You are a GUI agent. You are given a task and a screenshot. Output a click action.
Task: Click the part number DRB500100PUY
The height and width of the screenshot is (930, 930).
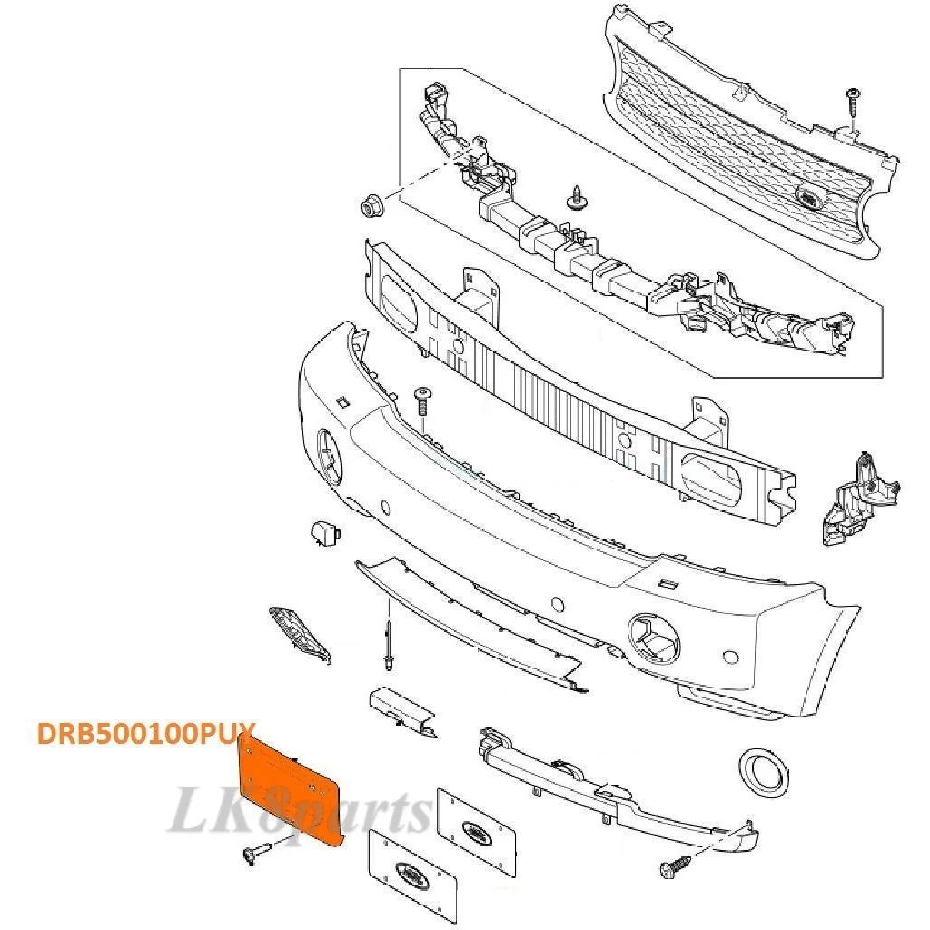(146, 734)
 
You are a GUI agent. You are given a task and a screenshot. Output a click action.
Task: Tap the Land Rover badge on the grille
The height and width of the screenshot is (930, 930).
(808, 196)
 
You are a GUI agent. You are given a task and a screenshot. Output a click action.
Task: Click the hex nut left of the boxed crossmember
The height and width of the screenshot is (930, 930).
(371, 205)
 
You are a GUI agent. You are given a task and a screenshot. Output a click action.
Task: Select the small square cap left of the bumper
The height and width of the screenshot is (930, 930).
(324, 534)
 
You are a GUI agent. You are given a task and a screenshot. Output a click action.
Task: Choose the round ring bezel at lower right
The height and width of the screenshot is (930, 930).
(764, 772)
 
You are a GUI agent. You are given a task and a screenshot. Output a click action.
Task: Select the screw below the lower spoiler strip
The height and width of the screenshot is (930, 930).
(676, 866)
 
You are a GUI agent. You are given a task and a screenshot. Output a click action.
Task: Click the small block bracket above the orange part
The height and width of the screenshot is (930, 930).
(402, 711)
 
